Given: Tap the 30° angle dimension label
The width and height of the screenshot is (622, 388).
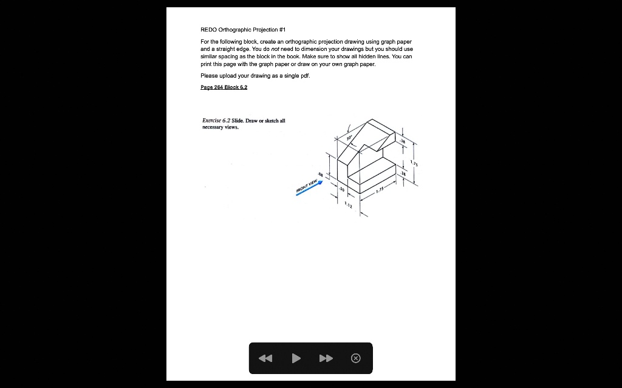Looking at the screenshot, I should pos(349,138).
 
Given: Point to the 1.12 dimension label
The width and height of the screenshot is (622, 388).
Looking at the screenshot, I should pos(347,205).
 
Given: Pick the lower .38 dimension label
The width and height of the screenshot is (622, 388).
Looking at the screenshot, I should pos(403,173).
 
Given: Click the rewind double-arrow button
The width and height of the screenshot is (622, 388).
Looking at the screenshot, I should pos(265,358).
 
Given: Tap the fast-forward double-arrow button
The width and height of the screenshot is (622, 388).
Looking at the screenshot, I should pos(326,358).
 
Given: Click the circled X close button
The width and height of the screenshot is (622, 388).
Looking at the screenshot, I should pos(356,358).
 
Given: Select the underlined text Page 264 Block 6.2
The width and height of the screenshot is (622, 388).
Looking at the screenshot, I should pos(224,87).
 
